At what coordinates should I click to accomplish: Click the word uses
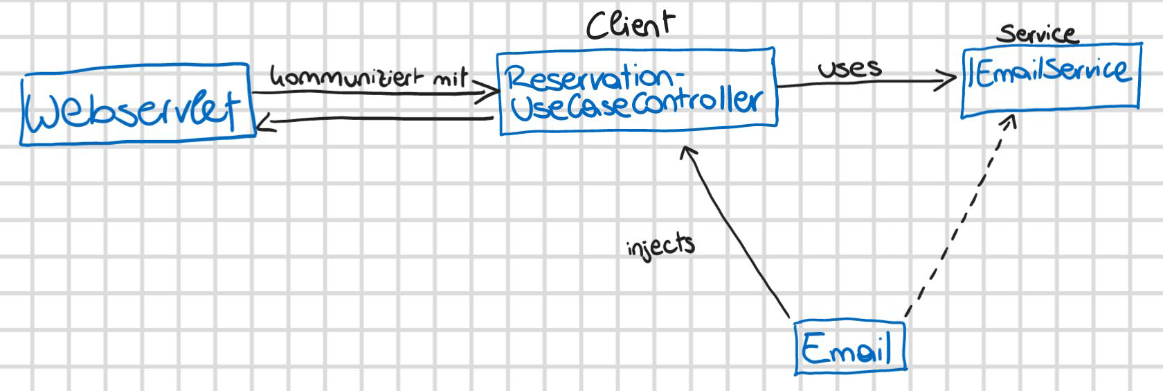849,68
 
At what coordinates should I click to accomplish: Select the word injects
660,245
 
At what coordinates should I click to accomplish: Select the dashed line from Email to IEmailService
959,222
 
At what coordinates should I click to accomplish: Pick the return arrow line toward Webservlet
381,121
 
